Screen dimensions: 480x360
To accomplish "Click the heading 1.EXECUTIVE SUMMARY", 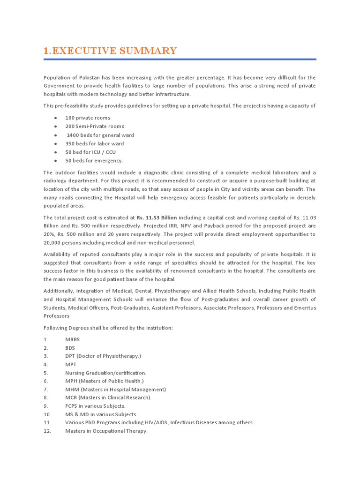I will tap(110, 51).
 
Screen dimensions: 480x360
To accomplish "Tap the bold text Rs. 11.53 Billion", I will tap(157, 217).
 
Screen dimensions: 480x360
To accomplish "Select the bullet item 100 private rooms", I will tap(88, 118).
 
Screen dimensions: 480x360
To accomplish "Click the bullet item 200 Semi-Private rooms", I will tap(95, 126).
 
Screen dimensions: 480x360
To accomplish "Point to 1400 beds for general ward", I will tap(100, 135).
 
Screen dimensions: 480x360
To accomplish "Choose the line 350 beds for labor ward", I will tap(95, 143).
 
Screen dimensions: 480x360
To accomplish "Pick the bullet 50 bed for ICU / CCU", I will tap(90, 152).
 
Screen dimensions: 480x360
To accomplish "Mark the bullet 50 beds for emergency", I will tap(94, 160).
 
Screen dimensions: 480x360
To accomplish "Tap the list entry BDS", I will tap(70, 347).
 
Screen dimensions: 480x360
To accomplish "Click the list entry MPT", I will tap(71, 364).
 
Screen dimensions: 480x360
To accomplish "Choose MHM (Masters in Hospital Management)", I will tap(115, 389).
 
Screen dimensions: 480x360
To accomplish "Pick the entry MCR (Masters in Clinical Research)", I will tap(108, 397).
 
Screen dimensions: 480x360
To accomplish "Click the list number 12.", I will tap(47, 431).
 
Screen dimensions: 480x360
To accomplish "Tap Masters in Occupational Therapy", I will tap(106, 431).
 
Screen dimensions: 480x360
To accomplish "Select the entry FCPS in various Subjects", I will tap(95, 406).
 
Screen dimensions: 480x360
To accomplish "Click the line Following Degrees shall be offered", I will tap(108, 328).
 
